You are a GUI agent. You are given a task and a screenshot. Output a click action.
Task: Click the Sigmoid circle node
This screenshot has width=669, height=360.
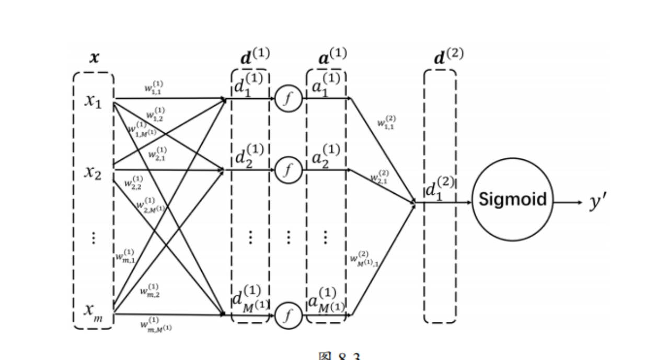tap(512, 199)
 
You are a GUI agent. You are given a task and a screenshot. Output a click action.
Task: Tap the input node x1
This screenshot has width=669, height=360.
tap(93, 101)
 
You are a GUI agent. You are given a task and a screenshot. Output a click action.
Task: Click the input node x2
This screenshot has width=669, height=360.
tap(93, 173)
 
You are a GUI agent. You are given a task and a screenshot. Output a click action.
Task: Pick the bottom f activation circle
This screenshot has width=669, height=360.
tap(288, 315)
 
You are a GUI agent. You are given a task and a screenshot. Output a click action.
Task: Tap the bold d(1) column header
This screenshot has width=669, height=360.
tap(255, 56)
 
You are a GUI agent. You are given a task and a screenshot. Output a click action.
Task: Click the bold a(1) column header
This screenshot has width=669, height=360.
tap(332, 56)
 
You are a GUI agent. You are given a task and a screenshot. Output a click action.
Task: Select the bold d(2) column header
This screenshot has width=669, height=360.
tap(448, 56)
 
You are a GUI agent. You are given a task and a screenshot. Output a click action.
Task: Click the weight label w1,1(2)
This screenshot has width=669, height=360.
tap(386, 123)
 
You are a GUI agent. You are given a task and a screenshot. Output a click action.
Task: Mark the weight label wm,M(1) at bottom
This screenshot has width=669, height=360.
tap(156, 324)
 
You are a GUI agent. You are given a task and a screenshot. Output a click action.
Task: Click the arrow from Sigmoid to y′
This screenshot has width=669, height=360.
tap(568, 201)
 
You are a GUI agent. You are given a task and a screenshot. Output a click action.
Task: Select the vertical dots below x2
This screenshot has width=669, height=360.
tap(94, 238)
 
